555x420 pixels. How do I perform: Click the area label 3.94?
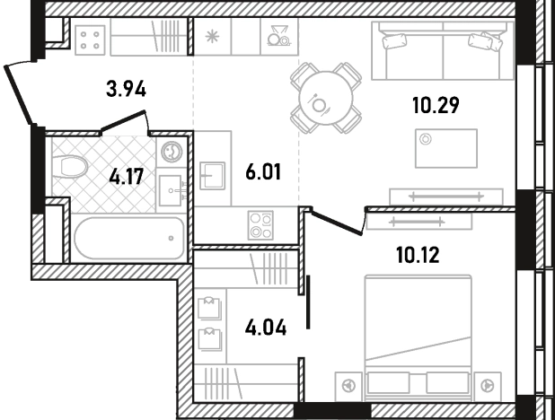126,89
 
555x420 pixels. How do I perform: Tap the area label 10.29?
436,105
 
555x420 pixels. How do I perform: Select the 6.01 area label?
263,172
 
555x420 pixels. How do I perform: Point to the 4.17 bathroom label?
127,177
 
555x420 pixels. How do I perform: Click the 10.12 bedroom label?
418,255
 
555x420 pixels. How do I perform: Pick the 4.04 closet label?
266,328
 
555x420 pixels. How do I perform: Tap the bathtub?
129,238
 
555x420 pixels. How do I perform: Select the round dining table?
326,99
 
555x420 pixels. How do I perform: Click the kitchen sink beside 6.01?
212,176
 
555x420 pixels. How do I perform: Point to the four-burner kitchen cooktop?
260,225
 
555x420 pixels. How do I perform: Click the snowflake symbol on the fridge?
212,37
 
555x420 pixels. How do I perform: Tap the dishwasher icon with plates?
278,35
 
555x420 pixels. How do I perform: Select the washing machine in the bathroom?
172,152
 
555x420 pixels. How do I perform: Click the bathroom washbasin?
171,190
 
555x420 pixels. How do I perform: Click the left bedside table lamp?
349,385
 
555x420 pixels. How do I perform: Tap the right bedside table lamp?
488,385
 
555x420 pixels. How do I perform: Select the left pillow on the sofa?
394,41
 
